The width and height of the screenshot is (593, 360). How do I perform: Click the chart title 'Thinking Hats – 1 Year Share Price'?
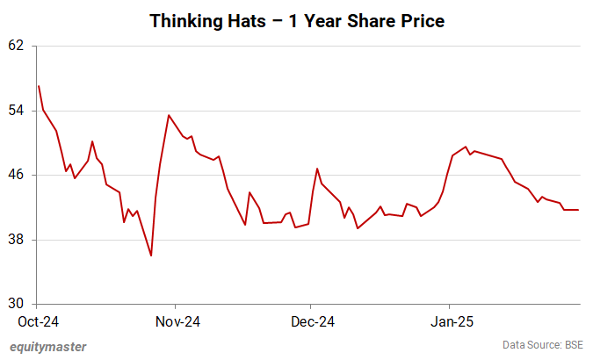point(296,19)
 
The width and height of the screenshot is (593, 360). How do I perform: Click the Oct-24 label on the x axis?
point(39,321)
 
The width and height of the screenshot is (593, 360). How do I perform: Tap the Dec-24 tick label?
point(312,321)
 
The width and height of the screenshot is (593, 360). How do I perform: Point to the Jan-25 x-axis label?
point(449,321)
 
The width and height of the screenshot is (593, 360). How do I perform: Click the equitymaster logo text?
point(48,347)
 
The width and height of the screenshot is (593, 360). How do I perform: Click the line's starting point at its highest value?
point(39,86)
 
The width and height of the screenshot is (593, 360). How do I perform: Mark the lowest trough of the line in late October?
point(151,256)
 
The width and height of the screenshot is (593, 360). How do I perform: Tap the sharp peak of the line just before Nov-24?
point(169,115)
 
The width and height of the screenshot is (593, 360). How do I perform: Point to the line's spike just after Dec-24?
point(316,169)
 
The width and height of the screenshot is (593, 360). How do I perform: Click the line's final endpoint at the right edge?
point(578,210)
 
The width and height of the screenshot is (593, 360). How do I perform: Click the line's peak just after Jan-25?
point(466,147)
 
